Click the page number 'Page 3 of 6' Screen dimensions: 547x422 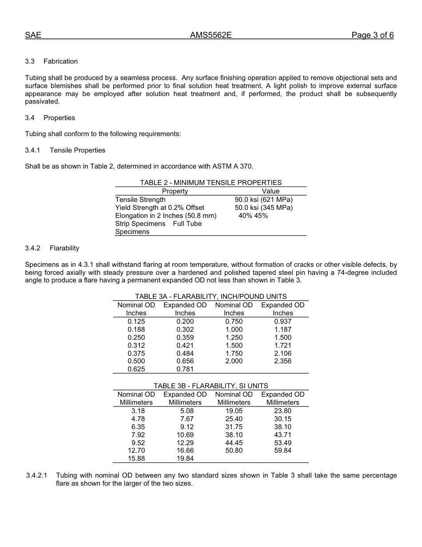coord(372,36)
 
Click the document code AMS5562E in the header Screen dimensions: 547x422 coord(211,36)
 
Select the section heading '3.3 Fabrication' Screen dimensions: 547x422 coord(52,61)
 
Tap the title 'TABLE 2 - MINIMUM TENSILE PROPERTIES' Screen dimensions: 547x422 coord(211,183)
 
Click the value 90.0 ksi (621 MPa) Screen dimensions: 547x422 coord(263,200)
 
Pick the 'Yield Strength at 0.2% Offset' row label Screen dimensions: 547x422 coord(159,208)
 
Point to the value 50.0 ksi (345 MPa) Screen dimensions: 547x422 coord(263,208)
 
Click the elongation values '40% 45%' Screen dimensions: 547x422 coord(253,216)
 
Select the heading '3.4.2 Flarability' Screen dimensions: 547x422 coord(52,248)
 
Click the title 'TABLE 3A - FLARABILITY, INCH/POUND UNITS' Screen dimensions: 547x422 coord(211,297)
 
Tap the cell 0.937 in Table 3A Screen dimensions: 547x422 coord(283,322)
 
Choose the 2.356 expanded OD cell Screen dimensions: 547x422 coord(283,361)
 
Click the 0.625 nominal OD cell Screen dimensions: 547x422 coord(136,369)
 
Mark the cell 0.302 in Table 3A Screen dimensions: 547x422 coord(185,330)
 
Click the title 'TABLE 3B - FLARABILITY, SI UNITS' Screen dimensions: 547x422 coord(211,386)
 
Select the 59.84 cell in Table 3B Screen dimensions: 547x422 coord(283,450)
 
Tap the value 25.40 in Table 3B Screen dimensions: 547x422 coord(234,419)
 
